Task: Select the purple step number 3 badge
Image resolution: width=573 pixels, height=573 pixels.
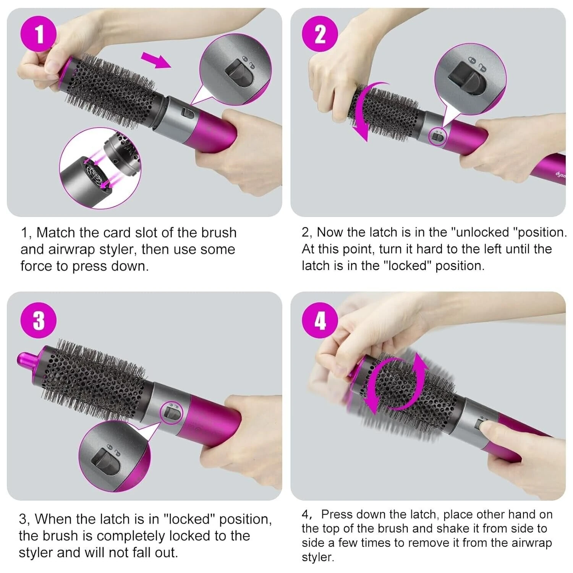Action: [39, 320]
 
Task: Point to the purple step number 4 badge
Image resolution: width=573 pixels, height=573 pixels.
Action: [320, 320]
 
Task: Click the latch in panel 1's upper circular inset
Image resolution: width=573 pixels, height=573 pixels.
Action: [240, 72]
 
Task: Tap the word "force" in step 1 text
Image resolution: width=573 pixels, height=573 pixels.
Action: [36, 266]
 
